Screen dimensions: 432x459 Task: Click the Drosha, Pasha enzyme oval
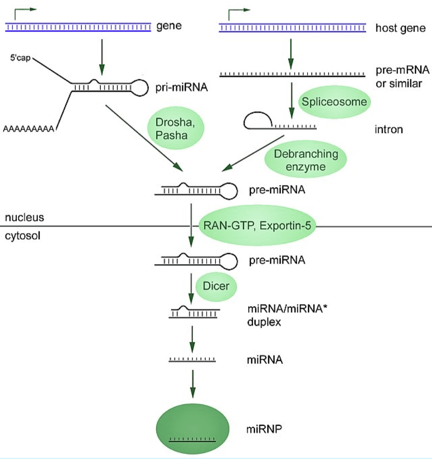pyautogui.click(x=175, y=128)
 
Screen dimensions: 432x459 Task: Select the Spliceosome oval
pyautogui.click(x=334, y=102)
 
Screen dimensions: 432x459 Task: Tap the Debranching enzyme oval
pyautogui.click(x=306, y=160)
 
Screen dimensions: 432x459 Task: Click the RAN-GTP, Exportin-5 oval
pyautogui.click(x=257, y=226)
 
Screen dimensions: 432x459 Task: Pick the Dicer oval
pyautogui.click(x=216, y=286)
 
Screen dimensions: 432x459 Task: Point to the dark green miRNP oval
pyautogui.click(x=192, y=429)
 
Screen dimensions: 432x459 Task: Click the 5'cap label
pyautogui.click(x=20, y=58)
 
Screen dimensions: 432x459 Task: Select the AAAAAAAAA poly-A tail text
pyautogui.click(x=28, y=129)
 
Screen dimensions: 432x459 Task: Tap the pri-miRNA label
pyautogui.click(x=181, y=87)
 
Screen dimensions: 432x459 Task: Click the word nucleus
pyautogui.click(x=24, y=217)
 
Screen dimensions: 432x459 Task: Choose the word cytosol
pyautogui.click(x=22, y=236)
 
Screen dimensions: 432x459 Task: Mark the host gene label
pyautogui.click(x=401, y=28)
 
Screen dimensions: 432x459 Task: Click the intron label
pyautogui.click(x=389, y=129)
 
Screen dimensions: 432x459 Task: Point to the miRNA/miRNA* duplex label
pyautogui.click(x=287, y=315)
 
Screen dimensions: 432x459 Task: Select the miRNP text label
pyautogui.click(x=264, y=429)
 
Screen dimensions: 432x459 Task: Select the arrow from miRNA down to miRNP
pyautogui.click(x=192, y=384)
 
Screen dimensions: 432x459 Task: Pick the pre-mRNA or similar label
pyautogui.click(x=402, y=77)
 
